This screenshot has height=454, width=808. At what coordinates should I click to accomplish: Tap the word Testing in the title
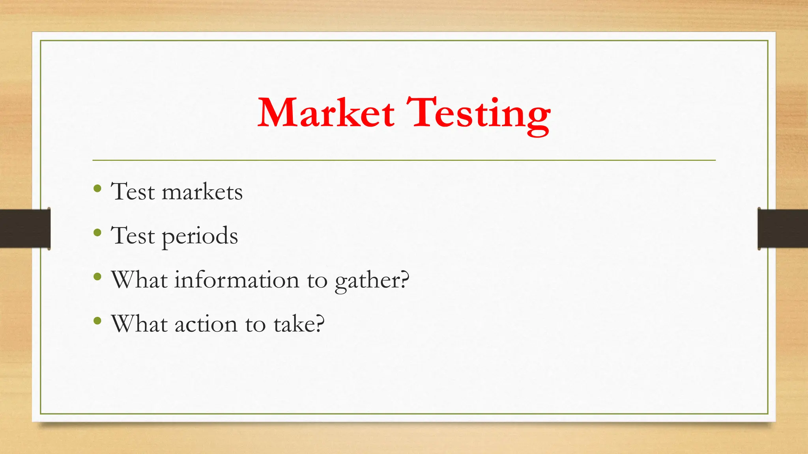(x=478, y=114)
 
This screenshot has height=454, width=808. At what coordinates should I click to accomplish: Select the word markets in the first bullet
(x=202, y=192)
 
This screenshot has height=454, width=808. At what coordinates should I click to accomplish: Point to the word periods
(x=200, y=236)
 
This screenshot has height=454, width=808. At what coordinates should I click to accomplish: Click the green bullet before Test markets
(x=97, y=188)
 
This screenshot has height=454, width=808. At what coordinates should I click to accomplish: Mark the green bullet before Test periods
(x=97, y=233)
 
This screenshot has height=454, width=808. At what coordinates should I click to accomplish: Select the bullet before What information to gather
(x=97, y=277)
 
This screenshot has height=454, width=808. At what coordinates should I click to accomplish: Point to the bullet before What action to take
(x=97, y=321)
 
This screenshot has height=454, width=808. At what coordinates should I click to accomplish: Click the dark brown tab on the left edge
(x=24, y=229)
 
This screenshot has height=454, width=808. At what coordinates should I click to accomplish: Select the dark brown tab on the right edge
(x=783, y=229)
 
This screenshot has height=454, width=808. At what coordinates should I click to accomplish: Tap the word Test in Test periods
(x=133, y=236)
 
